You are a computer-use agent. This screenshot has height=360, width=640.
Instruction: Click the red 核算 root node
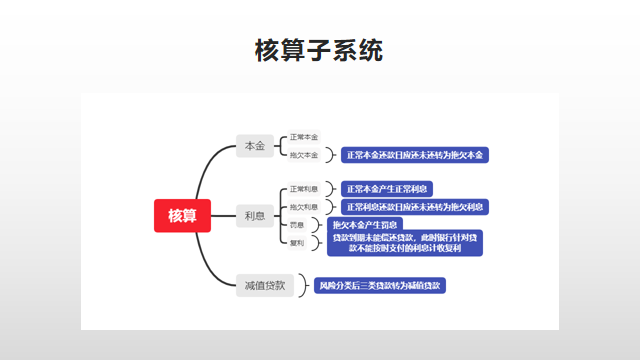click(x=182, y=215)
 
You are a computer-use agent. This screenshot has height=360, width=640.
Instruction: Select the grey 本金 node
click(x=255, y=146)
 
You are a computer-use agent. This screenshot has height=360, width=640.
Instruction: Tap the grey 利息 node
click(x=255, y=215)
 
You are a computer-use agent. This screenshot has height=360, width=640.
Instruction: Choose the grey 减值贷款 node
click(x=265, y=285)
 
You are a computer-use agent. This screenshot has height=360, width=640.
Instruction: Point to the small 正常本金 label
click(x=304, y=137)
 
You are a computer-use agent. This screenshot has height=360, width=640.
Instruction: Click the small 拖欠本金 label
click(x=304, y=155)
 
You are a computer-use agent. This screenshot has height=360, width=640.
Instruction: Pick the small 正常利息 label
click(x=304, y=188)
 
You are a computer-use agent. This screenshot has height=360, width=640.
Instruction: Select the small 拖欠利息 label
click(x=304, y=206)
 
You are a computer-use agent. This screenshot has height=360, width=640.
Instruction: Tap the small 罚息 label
click(x=297, y=224)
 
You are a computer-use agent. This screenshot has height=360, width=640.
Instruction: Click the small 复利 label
click(x=297, y=242)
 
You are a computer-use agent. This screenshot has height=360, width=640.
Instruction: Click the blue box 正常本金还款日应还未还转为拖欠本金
click(x=414, y=155)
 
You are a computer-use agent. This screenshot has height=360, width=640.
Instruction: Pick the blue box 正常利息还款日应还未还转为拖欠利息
click(x=414, y=206)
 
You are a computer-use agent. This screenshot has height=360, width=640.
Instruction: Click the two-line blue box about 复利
click(x=405, y=243)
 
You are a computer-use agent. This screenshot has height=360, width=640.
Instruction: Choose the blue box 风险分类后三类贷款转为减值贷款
click(x=379, y=285)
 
